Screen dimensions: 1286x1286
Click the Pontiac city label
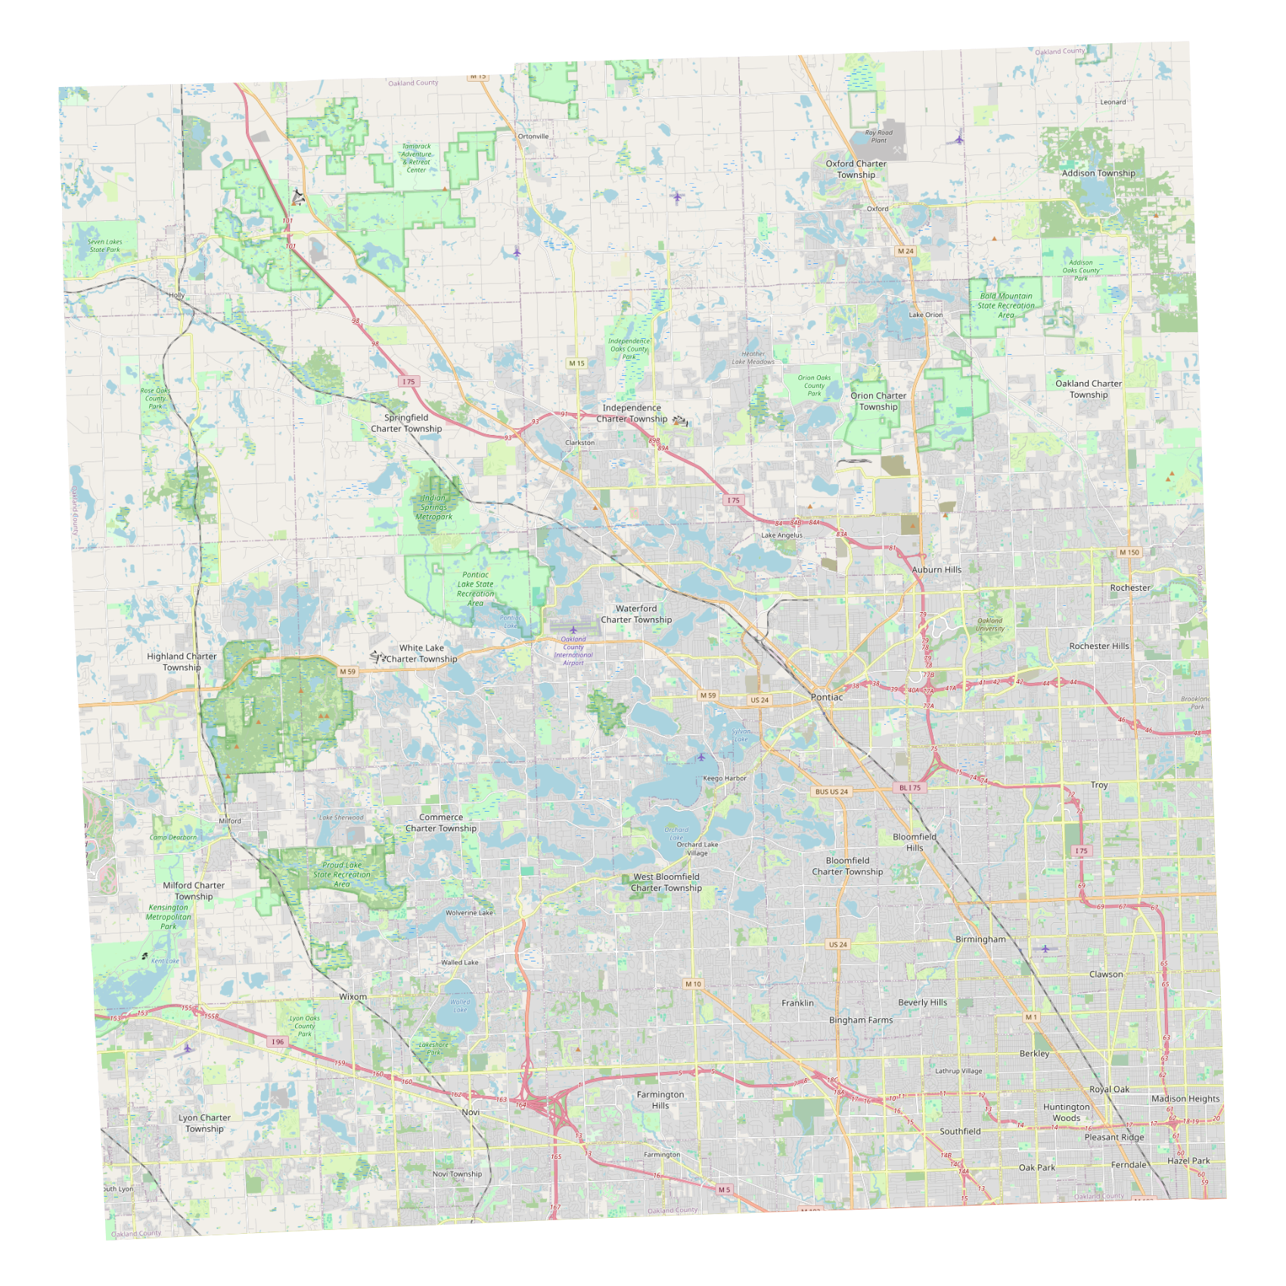(x=826, y=697)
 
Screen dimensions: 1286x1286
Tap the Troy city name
(x=1099, y=785)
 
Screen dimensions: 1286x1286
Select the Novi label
(x=471, y=1112)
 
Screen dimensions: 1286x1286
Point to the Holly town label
(x=176, y=295)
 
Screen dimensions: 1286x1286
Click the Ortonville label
(x=533, y=137)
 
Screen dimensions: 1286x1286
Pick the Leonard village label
(x=1113, y=102)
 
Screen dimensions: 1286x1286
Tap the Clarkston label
(x=579, y=443)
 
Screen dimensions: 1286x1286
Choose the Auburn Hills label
(x=937, y=570)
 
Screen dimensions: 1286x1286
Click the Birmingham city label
(x=980, y=940)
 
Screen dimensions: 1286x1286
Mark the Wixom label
(x=353, y=997)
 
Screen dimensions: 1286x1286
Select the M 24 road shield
(x=905, y=251)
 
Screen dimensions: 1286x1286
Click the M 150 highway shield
(x=1129, y=553)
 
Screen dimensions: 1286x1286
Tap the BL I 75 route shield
(x=910, y=787)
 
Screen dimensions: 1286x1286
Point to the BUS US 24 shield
(x=832, y=792)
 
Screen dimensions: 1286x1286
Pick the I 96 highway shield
(x=278, y=1042)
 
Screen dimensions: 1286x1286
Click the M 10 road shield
(x=693, y=984)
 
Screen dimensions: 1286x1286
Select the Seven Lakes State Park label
(x=104, y=246)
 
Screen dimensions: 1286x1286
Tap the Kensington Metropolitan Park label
(x=169, y=917)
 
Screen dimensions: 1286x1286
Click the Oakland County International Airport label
(x=573, y=651)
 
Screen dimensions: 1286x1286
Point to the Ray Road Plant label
(x=878, y=136)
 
